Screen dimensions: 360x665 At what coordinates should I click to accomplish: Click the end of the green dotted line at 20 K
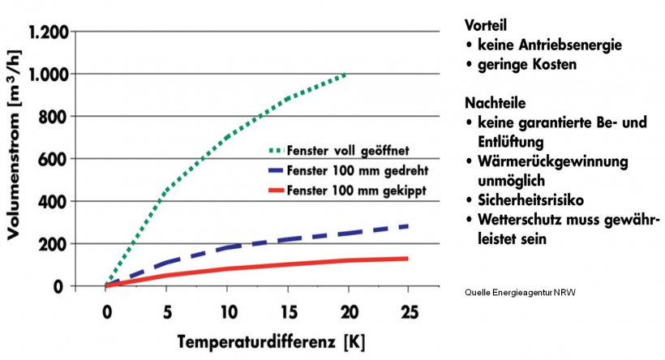click(346, 75)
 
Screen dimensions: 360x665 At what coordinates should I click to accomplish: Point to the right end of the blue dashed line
click(407, 226)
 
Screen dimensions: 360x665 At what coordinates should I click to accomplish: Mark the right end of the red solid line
click(407, 259)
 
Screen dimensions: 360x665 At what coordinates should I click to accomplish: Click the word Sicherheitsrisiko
click(536, 199)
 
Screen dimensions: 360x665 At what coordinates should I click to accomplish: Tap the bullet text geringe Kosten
click(527, 65)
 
